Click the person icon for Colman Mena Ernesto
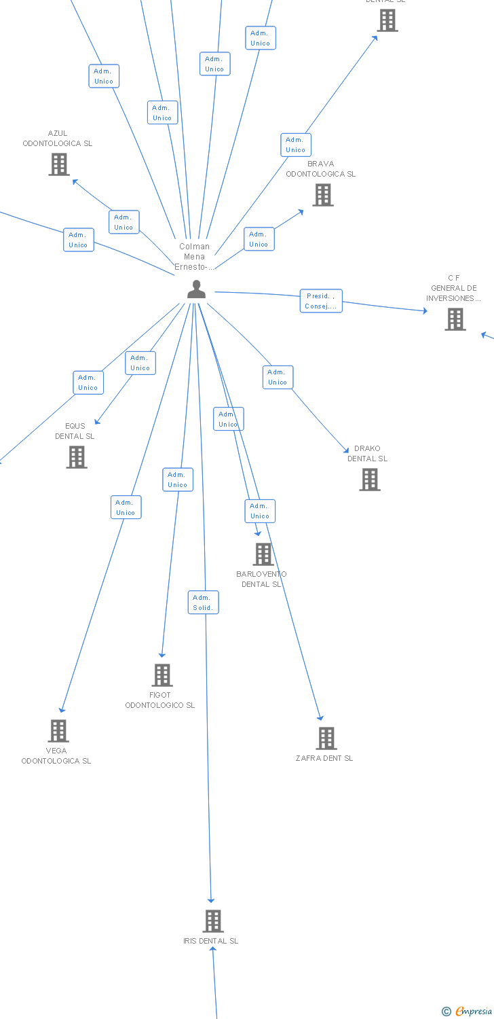(196, 289)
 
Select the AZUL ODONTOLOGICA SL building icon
(59, 164)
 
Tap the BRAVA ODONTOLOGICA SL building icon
(322, 195)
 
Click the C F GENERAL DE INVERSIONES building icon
(455, 319)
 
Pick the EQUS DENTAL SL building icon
(77, 457)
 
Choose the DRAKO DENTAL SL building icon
(369, 480)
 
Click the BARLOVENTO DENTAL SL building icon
(263, 554)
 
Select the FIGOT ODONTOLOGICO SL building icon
(162, 675)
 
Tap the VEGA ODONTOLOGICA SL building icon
(58, 731)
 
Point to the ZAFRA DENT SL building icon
(326, 738)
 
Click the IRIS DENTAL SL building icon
(213, 921)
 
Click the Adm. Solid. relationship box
(203, 603)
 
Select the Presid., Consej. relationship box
(321, 301)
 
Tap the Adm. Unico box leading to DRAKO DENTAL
(278, 377)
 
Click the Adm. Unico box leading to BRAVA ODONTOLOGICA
(259, 239)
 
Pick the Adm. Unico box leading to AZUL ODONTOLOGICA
(123, 222)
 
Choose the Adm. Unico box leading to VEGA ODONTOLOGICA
(126, 507)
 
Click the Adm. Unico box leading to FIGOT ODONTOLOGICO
(178, 480)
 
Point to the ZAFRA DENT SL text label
(324, 758)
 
